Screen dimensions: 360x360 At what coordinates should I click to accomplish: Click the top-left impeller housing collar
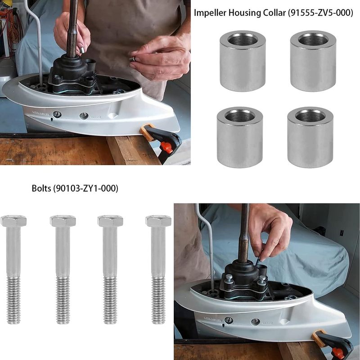(x=243, y=61)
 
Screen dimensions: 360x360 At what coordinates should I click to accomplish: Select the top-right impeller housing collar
(x=313, y=61)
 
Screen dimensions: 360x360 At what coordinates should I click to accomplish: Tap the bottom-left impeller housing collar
(x=240, y=137)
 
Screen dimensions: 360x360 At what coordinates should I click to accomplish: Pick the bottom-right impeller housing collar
(x=310, y=137)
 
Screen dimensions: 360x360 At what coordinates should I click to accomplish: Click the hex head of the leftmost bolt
(x=13, y=221)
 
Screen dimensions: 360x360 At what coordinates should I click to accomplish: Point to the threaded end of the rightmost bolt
(x=158, y=300)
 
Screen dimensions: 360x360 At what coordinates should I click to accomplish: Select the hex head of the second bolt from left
(x=63, y=221)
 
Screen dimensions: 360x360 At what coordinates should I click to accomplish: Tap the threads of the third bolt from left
(x=110, y=300)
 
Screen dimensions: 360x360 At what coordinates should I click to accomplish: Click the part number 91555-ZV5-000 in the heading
(x=320, y=13)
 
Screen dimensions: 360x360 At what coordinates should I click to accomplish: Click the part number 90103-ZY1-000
(x=86, y=189)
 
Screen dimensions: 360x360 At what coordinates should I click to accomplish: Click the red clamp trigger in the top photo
(x=167, y=147)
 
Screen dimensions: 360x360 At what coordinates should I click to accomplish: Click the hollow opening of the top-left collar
(x=243, y=40)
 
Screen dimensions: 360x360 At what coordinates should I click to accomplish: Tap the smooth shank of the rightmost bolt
(x=158, y=252)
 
